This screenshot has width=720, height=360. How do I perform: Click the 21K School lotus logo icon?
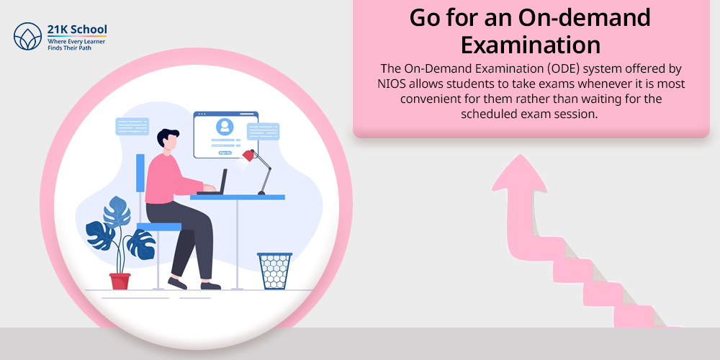pyautogui.click(x=27, y=36)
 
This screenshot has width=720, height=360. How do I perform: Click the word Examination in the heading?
pyautogui.click(x=531, y=45)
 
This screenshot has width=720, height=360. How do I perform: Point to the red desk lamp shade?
pyautogui.click(x=248, y=156)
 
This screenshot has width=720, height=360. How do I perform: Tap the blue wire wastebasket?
pyautogui.click(x=274, y=271)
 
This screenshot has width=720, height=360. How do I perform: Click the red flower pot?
pyautogui.click(x=120, y=281)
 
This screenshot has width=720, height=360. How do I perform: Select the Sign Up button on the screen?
pyautogui.click(x=225, y=153)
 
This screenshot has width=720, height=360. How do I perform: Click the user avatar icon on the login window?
pyautogui.click(x=225, y=126)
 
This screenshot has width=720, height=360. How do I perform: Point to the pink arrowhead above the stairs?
pyautogui.click(x=519, y=174)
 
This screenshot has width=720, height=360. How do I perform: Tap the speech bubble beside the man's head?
pyautogui.click(x=132, y=126)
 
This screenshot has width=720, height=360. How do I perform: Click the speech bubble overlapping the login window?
pyautogui.click(x=263, y=131)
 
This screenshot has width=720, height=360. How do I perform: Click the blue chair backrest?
pyautogui.click(x=140, y=173)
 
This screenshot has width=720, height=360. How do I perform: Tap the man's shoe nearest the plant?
pyautogui.click(x=177, y=283)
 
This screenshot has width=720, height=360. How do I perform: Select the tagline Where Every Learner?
pyautogui.click(x=76, y=41)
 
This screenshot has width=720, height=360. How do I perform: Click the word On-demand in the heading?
pyautogui.click(x=584, y=17)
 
